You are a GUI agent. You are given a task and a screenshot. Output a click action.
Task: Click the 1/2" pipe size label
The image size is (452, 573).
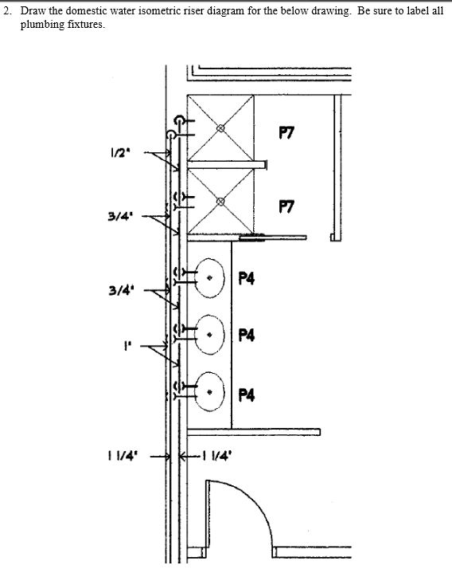pos(119,152)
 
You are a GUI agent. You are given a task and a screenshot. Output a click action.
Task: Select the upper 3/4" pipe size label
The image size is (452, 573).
pos(119,216)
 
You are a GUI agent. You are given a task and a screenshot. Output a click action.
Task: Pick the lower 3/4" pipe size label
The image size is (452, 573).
pos(121,291)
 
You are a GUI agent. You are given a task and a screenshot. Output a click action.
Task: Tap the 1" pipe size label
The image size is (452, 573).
pos(127,345)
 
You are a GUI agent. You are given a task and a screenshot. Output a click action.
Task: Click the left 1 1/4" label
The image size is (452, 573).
pos(123,456)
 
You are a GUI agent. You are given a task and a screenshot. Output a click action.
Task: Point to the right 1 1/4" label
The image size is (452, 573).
pos(217,455)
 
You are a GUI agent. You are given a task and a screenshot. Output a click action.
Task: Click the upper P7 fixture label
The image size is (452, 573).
pos(286,132)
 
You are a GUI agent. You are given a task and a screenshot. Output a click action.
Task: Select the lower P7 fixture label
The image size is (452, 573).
pos(286,206)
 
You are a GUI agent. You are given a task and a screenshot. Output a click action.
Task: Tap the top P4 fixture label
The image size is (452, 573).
pos(246,278)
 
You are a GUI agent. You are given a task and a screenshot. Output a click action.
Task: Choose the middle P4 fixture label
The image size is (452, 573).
pos(246,335)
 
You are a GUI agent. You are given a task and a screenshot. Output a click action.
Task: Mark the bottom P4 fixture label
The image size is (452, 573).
pos(246,395)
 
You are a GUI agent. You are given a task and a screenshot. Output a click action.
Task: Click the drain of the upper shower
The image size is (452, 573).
pos(220,128)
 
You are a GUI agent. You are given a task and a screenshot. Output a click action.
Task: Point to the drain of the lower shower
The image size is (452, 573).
pos(220,202)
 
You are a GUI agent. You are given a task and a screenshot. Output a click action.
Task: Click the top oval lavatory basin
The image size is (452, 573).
pos(196,277)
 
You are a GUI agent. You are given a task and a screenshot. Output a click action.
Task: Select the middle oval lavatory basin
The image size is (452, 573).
pos(196,335)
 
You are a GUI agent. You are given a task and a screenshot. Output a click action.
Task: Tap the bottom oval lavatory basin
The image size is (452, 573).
pos(196,392)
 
